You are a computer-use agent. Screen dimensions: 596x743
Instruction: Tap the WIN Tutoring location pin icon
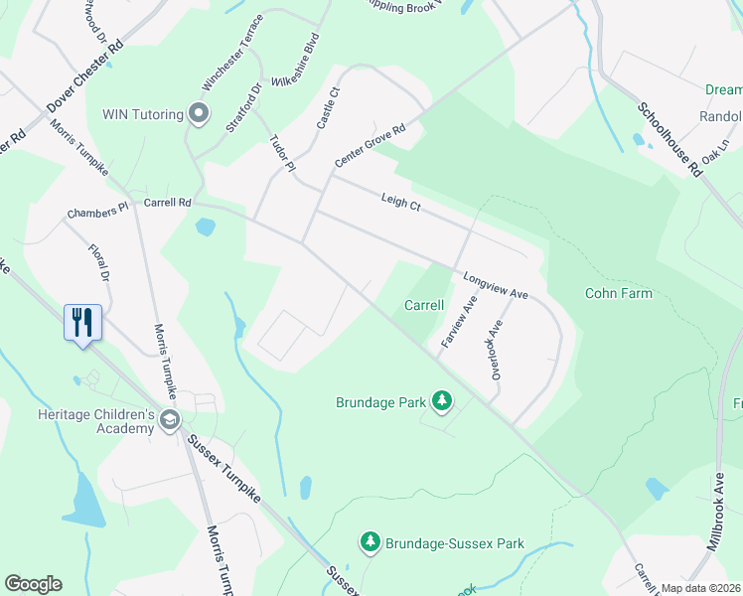click(199, 114)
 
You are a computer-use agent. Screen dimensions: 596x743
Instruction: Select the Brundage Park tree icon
click(442, 402)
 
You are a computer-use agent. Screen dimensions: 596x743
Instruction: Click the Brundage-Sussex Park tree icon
click(371, 542)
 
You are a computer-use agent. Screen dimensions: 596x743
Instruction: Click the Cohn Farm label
click(619, 293)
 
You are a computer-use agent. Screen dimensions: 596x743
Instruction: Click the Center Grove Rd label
click(371, 145)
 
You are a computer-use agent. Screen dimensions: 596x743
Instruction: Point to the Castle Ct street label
click(328, 107)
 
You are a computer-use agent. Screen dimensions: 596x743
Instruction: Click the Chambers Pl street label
click(97, 211)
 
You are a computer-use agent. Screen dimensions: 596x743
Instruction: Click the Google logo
click(33, 584)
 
